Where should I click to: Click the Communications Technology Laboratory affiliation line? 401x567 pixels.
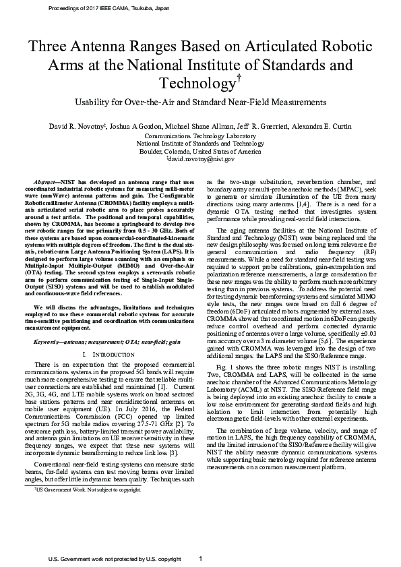(200, 135)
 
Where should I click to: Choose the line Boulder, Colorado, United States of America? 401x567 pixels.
(200, 152)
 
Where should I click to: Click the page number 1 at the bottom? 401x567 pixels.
(201, 559)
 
